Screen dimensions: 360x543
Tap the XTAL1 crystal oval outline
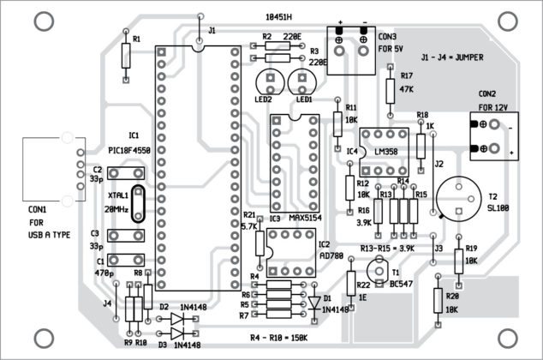(136, 207)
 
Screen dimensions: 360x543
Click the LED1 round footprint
(302, 82)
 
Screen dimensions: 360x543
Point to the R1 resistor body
(127, 57)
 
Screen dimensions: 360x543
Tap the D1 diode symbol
(314, 289)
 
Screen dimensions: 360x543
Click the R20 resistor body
(439, 301)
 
